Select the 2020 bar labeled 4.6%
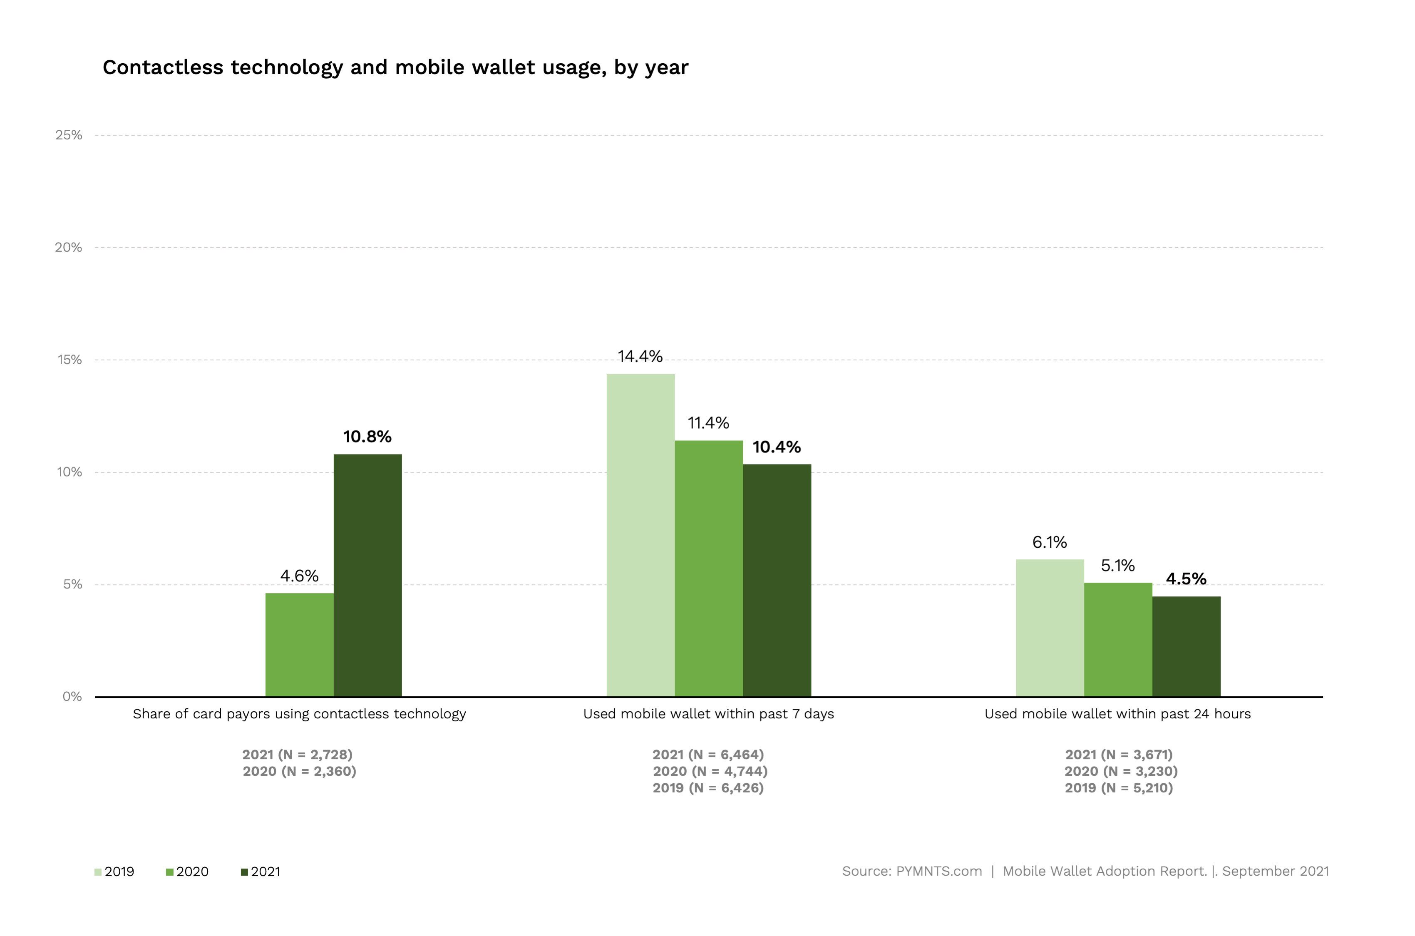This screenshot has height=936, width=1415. pos(300,645)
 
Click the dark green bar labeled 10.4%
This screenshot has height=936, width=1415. pos(777,580)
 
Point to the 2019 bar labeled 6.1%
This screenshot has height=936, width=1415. pos(1050,628)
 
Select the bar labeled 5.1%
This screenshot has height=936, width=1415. pos(1118,639)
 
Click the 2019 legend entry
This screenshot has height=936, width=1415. pos(114,871)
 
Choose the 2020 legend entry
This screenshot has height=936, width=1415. pos(187,871)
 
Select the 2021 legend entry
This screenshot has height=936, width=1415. pos(261,871)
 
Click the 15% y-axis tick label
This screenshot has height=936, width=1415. pos(69,360)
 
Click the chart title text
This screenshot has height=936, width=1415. pos(395,67)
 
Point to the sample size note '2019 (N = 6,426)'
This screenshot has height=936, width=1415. pos(708,788)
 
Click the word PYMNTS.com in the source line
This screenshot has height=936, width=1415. pos(939,871)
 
